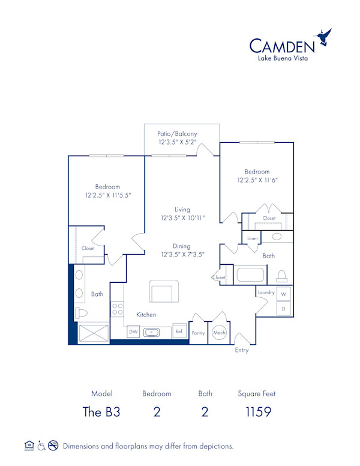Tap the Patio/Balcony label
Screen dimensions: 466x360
tap(177, 133)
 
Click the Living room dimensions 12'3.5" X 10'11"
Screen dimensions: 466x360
tap(182, 218)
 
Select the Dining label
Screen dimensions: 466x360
tap(182, 246)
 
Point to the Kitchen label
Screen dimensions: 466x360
tap(146, 315)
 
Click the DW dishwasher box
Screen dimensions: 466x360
tap(133, 331)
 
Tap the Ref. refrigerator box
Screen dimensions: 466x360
tap(179, 331)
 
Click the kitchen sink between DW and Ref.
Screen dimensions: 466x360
tap(151, 331)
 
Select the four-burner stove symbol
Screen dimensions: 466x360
tap(118, 309)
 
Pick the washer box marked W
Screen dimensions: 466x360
tap(283, 294)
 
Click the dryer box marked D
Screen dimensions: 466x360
tap(283, 309)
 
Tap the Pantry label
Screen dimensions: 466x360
tap(198, 333)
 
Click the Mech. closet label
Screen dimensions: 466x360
tap(218, 333)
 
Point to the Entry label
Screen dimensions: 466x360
tap(241, 350)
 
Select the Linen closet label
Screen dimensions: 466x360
tap(253, 238)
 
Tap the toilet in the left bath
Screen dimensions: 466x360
tap(82, 313)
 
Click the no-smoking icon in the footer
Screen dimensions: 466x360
tap(53, 446)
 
